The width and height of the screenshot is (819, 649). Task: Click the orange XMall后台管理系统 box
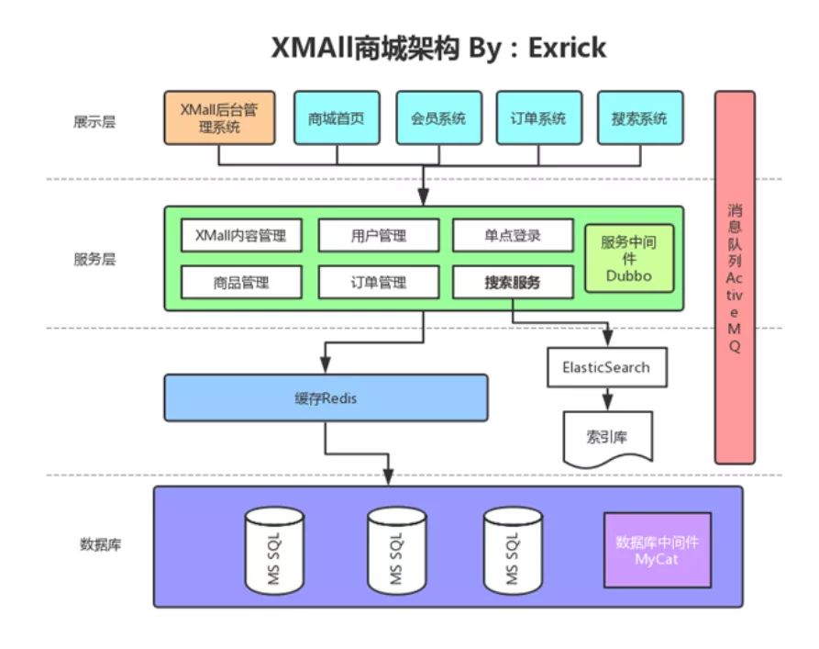[x=219, y=117]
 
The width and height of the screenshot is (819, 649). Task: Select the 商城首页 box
[x=337, y=117]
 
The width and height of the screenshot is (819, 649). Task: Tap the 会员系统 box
[x=437, y=117]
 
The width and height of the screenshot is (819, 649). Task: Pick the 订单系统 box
[x=538, y=117]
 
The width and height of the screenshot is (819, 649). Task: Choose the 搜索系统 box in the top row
[x=639, y=117]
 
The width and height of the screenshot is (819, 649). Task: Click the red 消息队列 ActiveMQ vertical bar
[x=735, y=275]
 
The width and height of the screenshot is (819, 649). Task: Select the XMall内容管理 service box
[x=241, y=235]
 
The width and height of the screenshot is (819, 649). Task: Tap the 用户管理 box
[x=378, y=235]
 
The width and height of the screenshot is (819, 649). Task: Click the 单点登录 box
[x=513, y=235]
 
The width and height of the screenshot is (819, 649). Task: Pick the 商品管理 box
[x=241, y=282]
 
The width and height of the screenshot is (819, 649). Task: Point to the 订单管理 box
[x=378, y=282]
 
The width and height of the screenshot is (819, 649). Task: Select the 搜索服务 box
[x=513, y=282]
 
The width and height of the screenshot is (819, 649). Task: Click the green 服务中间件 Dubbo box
[x=628, y=258]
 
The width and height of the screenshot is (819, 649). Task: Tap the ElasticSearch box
[x=605, y=367]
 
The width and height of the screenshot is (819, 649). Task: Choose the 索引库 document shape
[x=606, y=436]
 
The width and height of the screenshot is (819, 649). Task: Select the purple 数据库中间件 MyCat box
[x=657, y=550]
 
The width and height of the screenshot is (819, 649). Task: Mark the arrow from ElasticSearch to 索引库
[x=606, y=398]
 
